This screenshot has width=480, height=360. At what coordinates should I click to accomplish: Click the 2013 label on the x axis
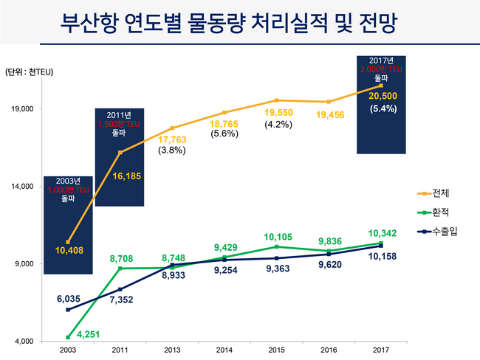point(172,350)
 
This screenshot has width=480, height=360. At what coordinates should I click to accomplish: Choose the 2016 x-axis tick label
point(328,350)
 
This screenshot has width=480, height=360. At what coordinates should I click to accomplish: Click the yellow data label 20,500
point(384,96)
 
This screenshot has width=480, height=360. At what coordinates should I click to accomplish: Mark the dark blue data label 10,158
point(381,257)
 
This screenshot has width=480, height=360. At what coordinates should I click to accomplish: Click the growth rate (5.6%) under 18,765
point(224,134)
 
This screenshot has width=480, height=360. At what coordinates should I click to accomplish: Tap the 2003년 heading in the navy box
point(68,181)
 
